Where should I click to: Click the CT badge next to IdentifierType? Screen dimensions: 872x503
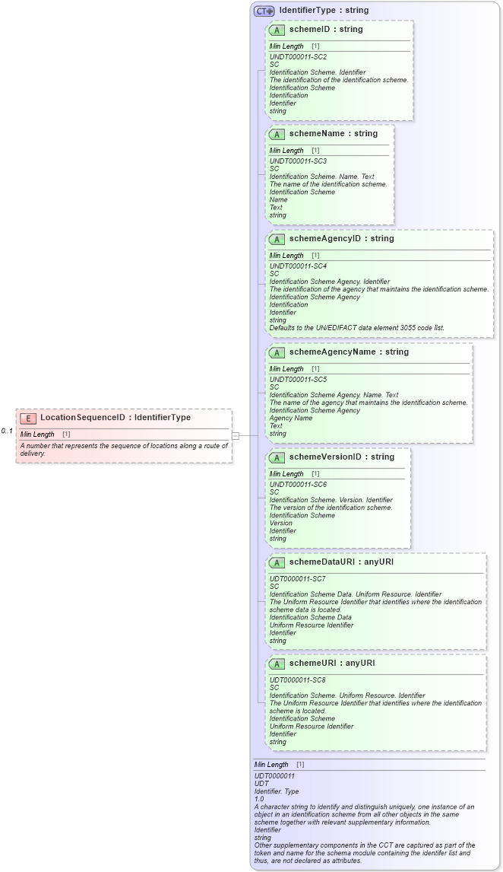coord(264,11)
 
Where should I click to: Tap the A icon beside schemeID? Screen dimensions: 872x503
coord(278,30)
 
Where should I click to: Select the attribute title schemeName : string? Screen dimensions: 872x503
coord(333,134)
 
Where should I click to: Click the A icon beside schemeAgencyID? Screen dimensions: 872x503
coord(278,239)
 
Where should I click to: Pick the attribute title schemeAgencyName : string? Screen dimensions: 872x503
coord(349,352)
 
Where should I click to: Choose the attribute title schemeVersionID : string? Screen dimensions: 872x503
coord(342,457)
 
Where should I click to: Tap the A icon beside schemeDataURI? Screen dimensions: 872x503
coord(278,562)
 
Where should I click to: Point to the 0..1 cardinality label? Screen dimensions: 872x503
coord(8,431)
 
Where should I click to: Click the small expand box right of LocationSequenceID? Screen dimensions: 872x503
coord(236,436)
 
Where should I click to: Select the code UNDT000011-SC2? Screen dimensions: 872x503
coord(298,57)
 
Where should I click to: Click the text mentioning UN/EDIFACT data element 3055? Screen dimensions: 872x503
coord(357,328)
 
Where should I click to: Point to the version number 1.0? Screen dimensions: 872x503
coord(260,799)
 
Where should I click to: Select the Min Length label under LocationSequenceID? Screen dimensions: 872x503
coord(37,434)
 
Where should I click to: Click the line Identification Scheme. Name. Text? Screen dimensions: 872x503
coord(321,177)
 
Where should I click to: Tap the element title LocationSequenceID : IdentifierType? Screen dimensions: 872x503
coord(115,418)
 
